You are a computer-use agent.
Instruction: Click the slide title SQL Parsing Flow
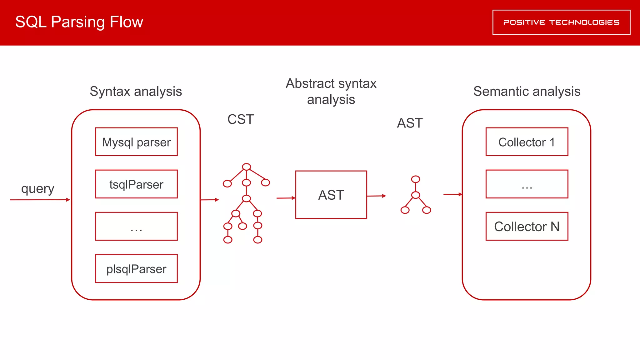point(79,22)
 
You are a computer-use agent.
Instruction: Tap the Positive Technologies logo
point(561,22)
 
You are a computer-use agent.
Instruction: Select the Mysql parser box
point(136,142)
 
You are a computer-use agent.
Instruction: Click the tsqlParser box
point(136,184)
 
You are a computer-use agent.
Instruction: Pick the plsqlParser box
point(136,269)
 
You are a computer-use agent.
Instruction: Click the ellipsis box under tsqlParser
point(136,226)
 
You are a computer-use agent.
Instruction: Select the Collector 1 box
point(527,142)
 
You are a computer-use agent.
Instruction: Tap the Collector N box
point(527,226)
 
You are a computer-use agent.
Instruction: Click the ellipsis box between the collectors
point(527,184)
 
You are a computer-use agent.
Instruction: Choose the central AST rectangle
point(331,195)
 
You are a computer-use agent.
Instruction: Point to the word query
point(37,188)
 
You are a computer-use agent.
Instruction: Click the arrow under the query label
point(40,200)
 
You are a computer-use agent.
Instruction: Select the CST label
point(240,119)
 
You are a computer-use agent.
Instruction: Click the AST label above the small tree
point(410,123)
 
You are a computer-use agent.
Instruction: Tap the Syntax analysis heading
point(136,91)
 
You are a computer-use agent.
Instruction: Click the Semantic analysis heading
point(527,91)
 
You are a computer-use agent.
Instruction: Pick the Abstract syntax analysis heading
point(331,92)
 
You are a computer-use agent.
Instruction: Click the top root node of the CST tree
point(247,167)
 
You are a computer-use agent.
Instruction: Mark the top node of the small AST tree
point(416,179)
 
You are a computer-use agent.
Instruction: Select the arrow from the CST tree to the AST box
point(286,198)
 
